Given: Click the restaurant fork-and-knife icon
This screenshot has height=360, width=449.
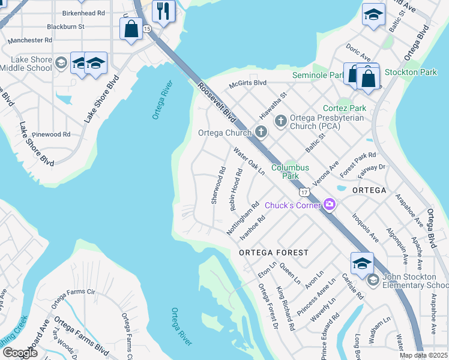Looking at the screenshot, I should pyautogui.click(x=162, y=10).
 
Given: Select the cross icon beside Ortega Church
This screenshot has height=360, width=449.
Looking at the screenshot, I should pyautogui.click(x=261, y=131).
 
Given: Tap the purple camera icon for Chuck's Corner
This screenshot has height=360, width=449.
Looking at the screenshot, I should pyautogui.click(x=329, y=205).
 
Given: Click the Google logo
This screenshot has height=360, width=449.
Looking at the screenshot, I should pyautogui.click(x=20, y=353).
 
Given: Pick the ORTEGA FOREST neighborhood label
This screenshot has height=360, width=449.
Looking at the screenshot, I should pyautogui.click(x=273, y=253).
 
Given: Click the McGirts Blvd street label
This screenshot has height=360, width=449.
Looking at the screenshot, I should pyautogui.click(x=246, y=83).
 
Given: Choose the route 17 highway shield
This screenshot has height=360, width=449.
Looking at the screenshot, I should pyautogui.click(x=305, y=191).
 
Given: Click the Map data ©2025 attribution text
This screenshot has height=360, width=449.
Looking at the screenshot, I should pyautogui.click(x=423, y=355).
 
